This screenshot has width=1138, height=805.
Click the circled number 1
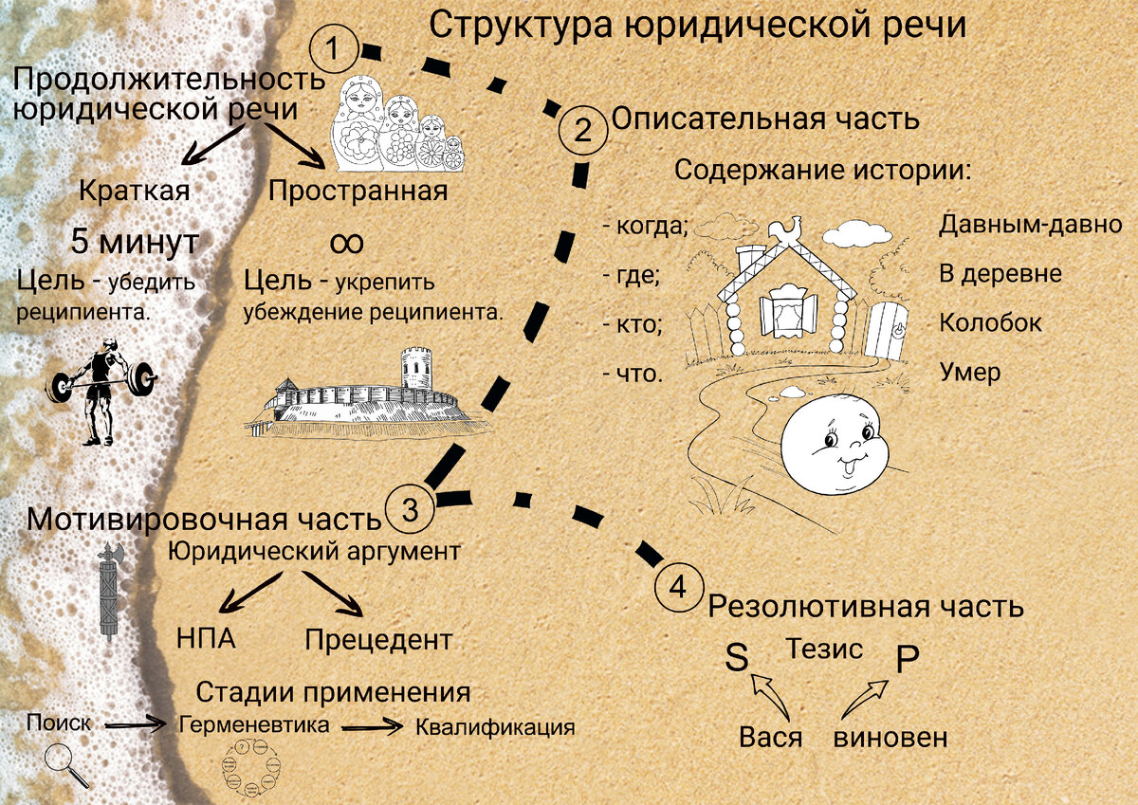pyautogui.click(x=334, y=48)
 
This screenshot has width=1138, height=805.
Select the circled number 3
pyautogui.click(x=411, y=510)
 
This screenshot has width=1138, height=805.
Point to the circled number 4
pyautogui.click(x=679, y=588)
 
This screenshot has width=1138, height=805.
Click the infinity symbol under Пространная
pyautogui.click(x=346, y=242)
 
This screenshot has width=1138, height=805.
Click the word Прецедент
pyautogui.click(x=378, y=640)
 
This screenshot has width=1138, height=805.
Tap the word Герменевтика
pyautogui.click(x=254, y=725)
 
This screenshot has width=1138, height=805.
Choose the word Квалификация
pyautogui.click(x=495, y=728)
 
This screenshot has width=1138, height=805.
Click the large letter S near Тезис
pyautogui.click(x=737, y=657)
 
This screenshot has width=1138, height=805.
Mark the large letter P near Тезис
pyautogui.click(x=908, y=659)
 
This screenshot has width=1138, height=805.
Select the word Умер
pyautogui.click(x=969, y=372)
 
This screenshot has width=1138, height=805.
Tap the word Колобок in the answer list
pyautogui.click(x=990, y=322)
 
